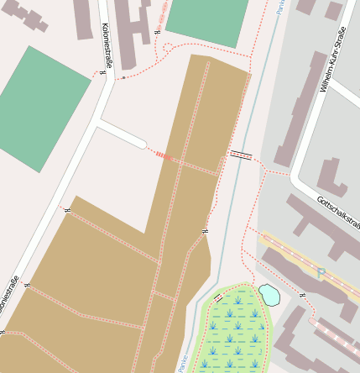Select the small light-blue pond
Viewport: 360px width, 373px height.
(269, 294)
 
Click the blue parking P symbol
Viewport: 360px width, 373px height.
(321, 272)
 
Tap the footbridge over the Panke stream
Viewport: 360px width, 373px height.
(241, 154)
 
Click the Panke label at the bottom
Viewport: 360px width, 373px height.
(182, 362)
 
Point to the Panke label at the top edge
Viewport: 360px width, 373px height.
(279, 8)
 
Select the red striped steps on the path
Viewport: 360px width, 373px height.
(162, 155)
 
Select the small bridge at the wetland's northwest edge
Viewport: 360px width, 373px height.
(218, 297)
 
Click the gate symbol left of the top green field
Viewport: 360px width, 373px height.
(157, 32)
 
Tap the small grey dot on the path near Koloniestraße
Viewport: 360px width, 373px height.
(123, 77)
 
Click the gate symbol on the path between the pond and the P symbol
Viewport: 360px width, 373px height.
(301, 296)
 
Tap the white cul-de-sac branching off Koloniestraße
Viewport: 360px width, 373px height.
(123, 134)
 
